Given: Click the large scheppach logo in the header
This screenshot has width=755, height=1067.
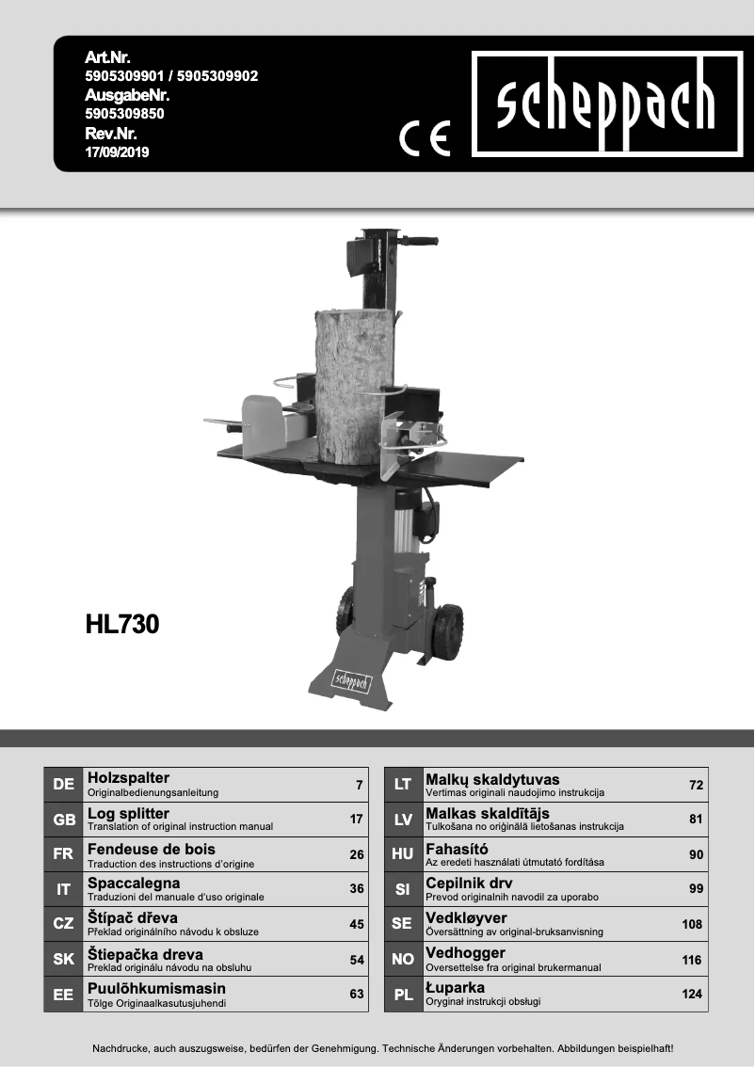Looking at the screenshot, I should [x=606, y=104].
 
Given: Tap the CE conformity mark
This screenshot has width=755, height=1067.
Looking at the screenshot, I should [x=425, y=139].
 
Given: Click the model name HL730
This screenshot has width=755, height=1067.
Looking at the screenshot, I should [x=121, y=625].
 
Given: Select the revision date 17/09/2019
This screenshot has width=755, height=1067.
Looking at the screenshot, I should [x=117, y=151].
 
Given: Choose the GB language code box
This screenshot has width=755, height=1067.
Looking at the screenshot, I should [x=64, y=820].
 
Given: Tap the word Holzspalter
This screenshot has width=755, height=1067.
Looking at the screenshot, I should [x=128, y=778].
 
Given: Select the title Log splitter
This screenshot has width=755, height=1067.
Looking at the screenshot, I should [x=128, y=813].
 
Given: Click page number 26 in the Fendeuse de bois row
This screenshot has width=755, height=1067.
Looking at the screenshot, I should [x=356, y=854].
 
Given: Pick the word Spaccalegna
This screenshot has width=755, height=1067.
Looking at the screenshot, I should [x=133, y=884].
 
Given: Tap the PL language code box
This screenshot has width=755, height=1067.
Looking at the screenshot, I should [x=403, y=995].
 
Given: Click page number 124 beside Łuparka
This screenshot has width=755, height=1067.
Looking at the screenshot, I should [x=693, y=994].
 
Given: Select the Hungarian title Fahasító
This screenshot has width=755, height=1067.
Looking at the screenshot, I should [x=457, y=849].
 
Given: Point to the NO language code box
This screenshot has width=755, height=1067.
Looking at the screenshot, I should [x=403, y=960].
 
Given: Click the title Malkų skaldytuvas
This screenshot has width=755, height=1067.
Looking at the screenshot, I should [x=492, y=779].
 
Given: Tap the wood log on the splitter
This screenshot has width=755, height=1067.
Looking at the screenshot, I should [x=355, y=386].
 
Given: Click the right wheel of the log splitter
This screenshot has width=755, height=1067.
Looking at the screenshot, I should [x=446, y=633].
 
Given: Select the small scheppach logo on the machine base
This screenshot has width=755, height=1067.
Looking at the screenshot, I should [x=351, y=680].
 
